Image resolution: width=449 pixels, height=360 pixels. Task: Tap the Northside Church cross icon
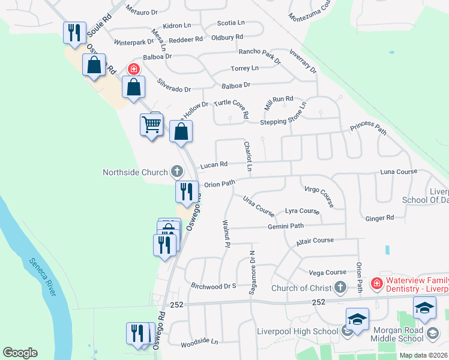click(x=176, y=172)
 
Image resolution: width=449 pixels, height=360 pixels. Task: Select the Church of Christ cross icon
click(x=341, y=287)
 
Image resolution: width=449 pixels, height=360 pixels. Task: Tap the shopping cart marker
click(x=151, y=125)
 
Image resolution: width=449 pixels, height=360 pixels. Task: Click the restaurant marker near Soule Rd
click(x=74, y=32)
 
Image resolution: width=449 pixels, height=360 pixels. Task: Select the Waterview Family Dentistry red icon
click(x=376, y=283)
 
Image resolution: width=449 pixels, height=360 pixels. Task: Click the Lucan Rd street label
click(x=214, y=164)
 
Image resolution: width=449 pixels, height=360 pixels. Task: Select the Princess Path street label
click(x=368, y=128)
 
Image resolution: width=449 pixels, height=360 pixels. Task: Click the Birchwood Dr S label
click(x=213, y=286)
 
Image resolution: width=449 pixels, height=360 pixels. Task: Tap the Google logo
click(x=20, y=353)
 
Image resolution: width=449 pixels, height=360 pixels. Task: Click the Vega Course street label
click(x=327, y=272)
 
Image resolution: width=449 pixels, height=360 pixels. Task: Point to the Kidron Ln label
click(x=176, y=26)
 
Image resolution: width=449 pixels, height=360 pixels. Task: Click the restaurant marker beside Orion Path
click(x=187, y=191)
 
